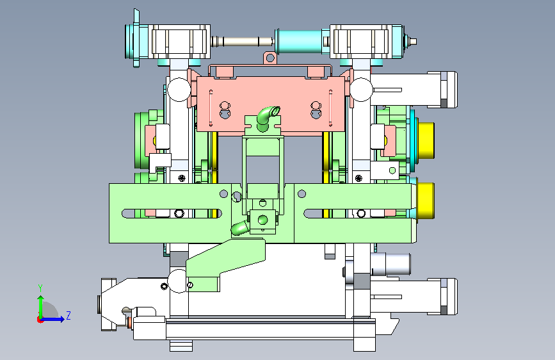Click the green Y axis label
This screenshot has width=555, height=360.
[x=40, y=288]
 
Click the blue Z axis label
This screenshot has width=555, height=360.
[x=68, y=315]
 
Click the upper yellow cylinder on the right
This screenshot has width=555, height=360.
[x=426, y=140]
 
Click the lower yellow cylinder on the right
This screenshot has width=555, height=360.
[x=426, y=200]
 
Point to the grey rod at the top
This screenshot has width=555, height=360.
[x=243, y=42]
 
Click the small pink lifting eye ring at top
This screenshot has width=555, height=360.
[x=270, y=58]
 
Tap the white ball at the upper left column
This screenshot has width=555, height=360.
[x=179, y=90]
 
